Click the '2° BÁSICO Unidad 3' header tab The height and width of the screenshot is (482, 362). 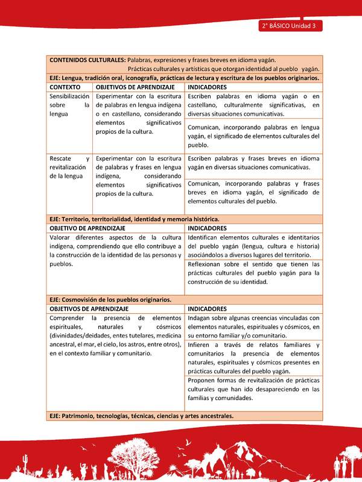(290, 26)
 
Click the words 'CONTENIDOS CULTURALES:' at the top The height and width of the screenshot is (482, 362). (87, 60)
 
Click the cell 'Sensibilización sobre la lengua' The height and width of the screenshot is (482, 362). (69, 105)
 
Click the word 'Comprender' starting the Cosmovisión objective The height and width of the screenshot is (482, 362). (68, 318)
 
